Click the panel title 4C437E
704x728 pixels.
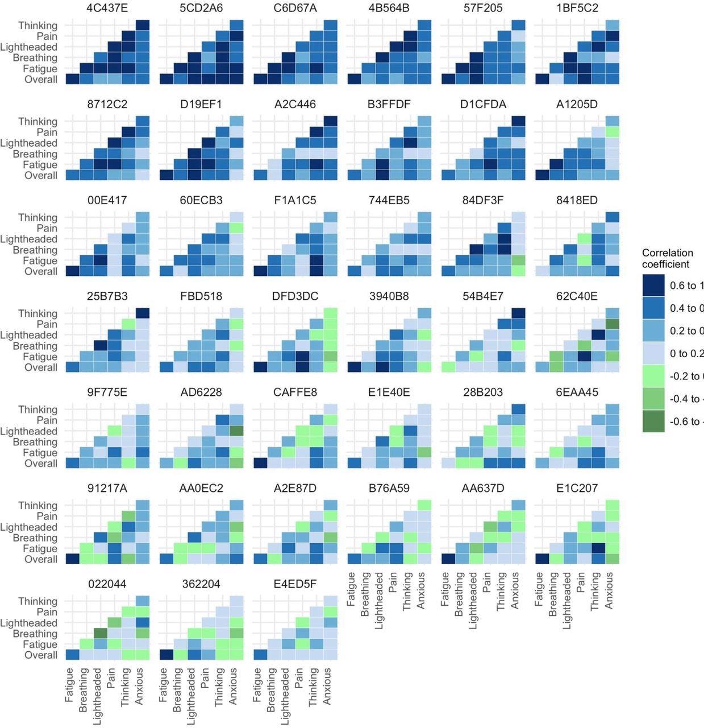click(x=107, y=8)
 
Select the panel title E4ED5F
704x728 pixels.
click(x=295, y=584)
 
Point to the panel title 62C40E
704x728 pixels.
click(x=577, y=296)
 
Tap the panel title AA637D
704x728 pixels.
click(x=483, y=488)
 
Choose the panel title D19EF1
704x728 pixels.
click(x=201, y=104)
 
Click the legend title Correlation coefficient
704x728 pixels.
click(x=667, y=258)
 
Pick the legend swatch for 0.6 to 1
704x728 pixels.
click(x=653, y=286)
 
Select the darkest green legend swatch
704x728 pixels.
click(x=653, y=421)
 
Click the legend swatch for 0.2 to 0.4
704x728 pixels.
click(x=653, y=331)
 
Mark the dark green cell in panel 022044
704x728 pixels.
click(x=101, y=634)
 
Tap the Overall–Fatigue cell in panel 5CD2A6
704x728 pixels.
click(x=166, y=79)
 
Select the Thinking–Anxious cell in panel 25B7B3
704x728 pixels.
click(x=143, y=313)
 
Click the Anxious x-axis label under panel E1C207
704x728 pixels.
click(x=609, y=590)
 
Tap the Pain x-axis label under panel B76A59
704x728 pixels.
click(x=392, y=583)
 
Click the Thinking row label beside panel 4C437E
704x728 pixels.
click(x=38, y=26)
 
